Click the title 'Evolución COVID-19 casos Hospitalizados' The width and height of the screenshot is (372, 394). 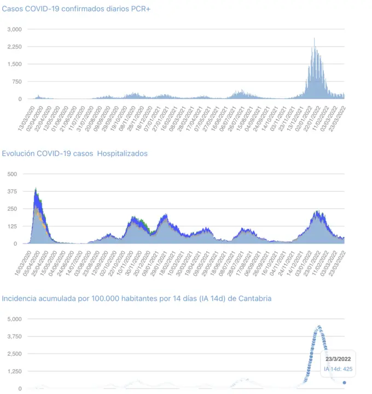[x=74, y=154]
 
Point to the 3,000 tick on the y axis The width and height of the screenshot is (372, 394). [x=14, y=29]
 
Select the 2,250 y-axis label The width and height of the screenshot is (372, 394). [x=14, y=47]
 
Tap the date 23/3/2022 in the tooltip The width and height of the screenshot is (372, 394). [x=339, y=358]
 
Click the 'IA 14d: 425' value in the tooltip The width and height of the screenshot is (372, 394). [x=339, y=369]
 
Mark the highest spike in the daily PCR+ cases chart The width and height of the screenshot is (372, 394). [x=314, y=38]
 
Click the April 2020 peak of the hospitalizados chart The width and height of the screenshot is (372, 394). [x=36, y=189]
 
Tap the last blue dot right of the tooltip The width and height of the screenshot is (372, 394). [x=344, y=383]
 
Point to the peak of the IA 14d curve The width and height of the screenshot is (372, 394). [x=318, y=327]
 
